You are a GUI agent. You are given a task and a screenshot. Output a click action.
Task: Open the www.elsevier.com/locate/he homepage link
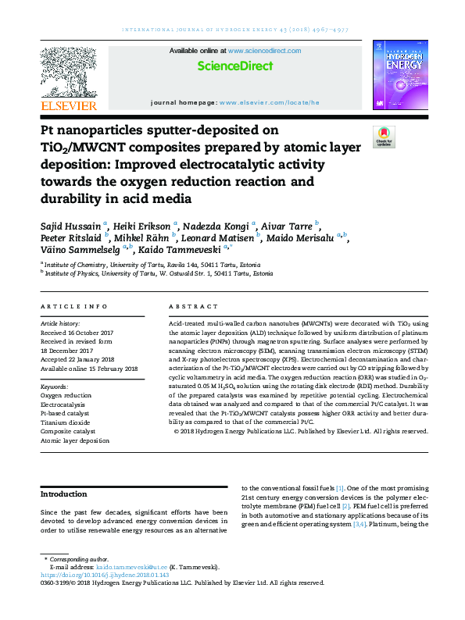pyautogui.click(x=270, y=102)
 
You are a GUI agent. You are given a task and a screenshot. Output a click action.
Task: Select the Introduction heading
pyautogui.click(x=64, y=494)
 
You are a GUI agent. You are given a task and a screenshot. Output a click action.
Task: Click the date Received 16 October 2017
pyautogui.click(x=78, y=330)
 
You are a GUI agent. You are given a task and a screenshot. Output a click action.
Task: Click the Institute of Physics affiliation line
pyautogui.click(x=159, y=275)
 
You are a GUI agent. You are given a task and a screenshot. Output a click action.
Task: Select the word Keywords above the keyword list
pyautogui.click(x=53, y=386)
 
